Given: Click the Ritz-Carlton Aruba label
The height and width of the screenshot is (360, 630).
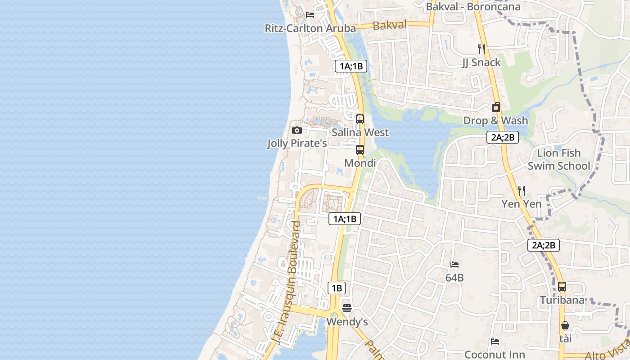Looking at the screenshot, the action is [310, 28].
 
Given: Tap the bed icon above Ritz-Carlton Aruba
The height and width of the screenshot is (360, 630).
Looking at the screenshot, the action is [310, 14].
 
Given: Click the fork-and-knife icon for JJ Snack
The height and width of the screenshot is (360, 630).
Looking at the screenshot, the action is [481, 49].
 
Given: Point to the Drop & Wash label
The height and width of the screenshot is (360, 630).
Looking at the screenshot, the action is [495, 121].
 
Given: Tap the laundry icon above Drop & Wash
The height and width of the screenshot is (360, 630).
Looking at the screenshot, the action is [495, 107].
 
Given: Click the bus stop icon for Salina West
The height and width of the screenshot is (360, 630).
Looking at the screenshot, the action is [360, 119].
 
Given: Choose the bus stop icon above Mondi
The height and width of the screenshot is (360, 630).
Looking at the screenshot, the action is [360, 150].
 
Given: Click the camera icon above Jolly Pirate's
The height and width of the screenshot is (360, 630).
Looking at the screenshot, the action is [297, 130].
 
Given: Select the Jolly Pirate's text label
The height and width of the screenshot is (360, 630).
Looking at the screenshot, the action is [297, 144].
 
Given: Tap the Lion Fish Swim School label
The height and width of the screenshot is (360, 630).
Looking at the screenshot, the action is [558, 159].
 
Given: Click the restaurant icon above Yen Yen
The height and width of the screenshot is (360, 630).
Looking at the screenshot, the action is [522, 190].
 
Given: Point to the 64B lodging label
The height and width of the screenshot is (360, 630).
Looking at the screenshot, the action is [454, 278].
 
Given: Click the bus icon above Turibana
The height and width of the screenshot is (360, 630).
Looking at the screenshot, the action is [562, 286].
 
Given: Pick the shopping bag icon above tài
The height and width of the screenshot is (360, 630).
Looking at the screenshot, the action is [565, 325].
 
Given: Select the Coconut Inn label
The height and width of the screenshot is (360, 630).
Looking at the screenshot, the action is [495, 355].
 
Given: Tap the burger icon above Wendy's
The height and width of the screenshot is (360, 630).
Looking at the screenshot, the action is [346, 308].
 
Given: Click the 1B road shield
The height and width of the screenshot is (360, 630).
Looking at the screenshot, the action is [336, 288].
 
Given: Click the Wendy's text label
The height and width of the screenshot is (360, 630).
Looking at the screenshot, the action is [347, 322].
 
